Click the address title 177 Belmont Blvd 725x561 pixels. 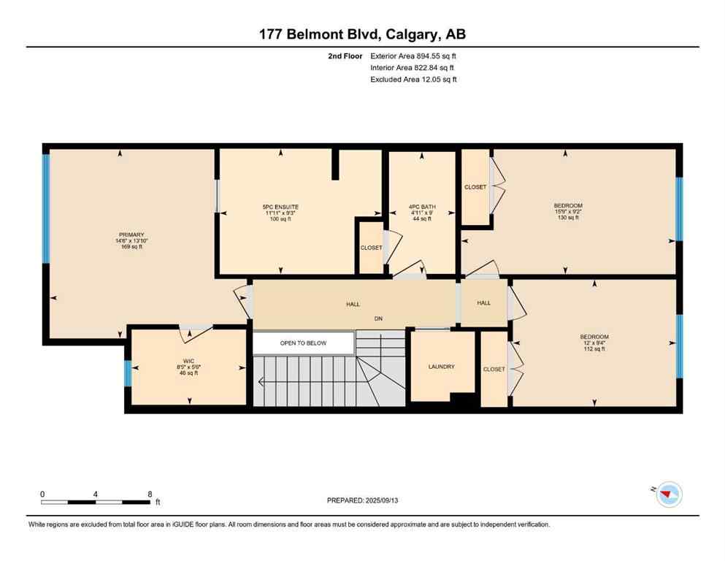coord(362,34)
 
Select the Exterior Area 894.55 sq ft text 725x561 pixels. coord(414,56)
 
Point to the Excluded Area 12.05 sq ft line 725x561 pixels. coord(413,80)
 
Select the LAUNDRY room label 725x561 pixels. coord(442,367)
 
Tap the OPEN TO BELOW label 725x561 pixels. coord(303,343)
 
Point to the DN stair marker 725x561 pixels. coord(378,318)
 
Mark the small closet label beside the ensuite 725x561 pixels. coord(371,248)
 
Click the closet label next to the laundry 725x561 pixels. coord(494,369)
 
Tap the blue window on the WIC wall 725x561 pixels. coord(128,373)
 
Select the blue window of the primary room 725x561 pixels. coord(46,208)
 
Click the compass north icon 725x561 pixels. coord(668,495)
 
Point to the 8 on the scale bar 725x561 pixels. coord(150,494)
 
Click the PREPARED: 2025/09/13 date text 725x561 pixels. coord(362,500)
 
